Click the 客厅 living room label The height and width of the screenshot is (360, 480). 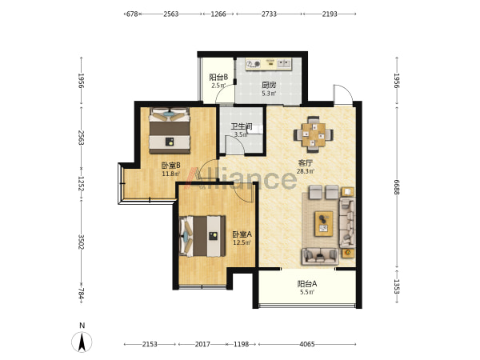pos(306,163)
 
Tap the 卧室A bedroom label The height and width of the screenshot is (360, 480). pos(242,234)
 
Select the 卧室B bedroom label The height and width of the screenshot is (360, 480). pos(171,166)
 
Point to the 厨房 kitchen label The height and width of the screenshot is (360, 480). pos(269,85)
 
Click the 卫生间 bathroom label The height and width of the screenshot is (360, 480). pos(242,126)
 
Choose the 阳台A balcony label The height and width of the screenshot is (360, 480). pos(307,284)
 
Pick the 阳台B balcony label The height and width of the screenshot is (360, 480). pos(218,77)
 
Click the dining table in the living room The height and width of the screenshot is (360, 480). pos(314,134)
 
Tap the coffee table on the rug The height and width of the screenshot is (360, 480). pos(324,223)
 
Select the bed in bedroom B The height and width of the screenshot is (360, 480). pos(170,130)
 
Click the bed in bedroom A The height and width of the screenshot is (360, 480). pos(202,236)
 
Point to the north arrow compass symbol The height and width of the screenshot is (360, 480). pos(82,342)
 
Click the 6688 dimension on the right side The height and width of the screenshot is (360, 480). pos(397,187)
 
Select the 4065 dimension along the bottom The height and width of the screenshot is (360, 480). pos(307,344)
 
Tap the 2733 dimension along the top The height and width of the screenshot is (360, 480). pos(269,14)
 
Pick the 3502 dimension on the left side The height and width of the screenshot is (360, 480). pos(81,242)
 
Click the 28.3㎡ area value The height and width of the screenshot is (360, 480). pos(306,171)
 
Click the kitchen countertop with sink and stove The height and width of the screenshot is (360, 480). pos(269,64)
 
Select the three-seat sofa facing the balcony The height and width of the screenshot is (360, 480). pos(321,257)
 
